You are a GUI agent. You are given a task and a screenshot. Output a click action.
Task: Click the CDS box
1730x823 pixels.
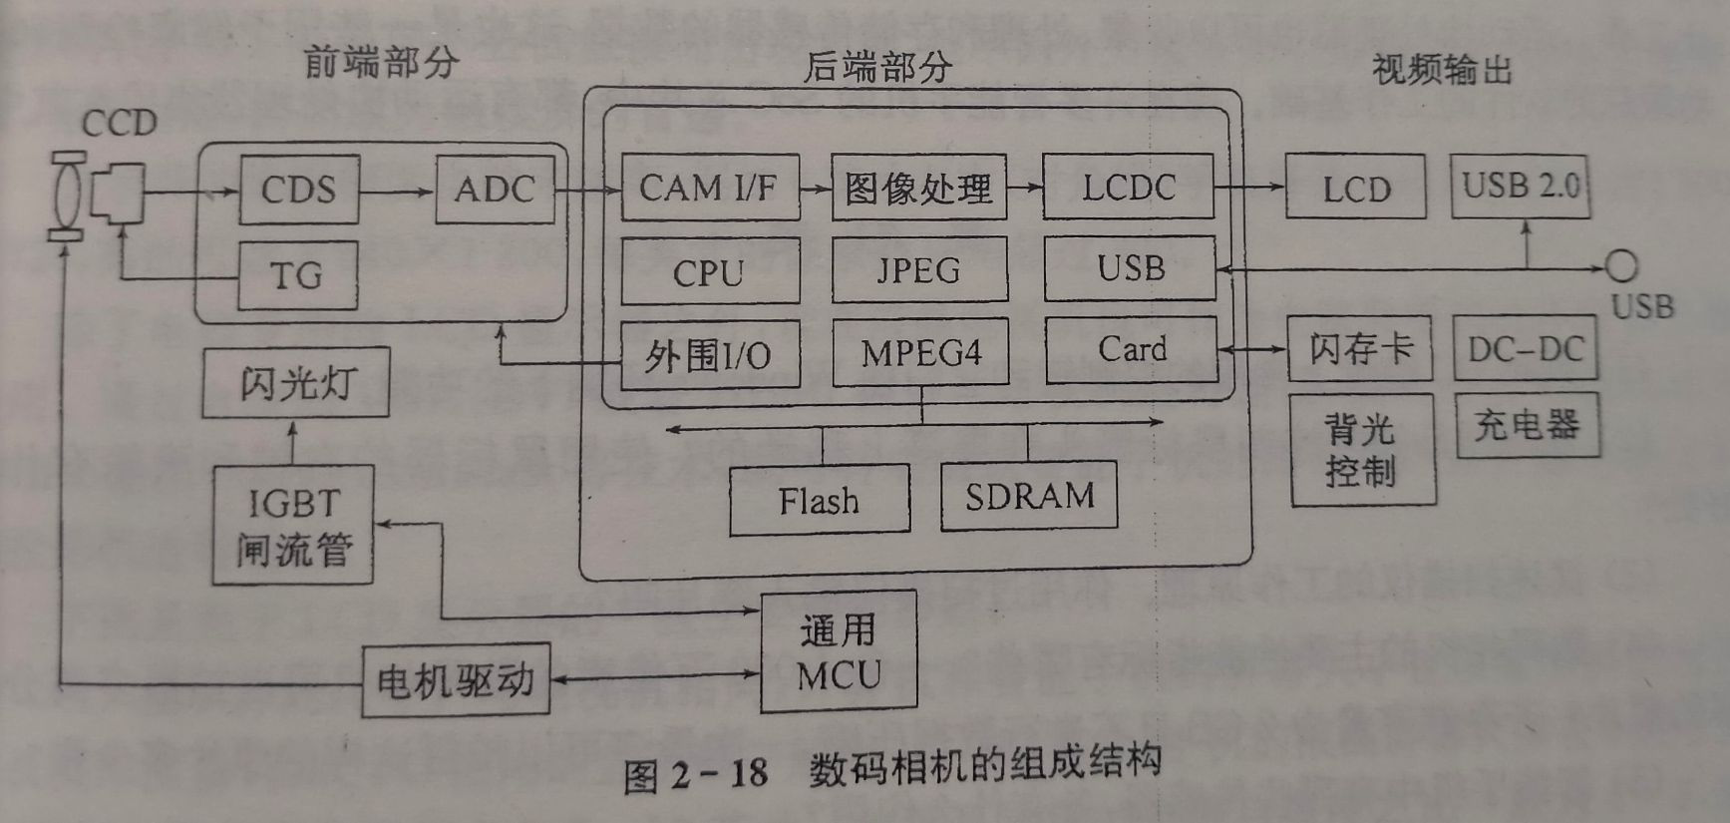coord(298,190)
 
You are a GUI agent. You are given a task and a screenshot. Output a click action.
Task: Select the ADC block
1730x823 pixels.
coord(495,190)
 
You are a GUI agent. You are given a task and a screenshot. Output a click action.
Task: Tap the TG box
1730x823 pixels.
coord(297,275)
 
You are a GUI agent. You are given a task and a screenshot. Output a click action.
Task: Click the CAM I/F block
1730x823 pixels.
coord(710,188)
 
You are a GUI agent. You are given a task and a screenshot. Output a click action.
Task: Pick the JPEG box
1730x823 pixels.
coord(918,270)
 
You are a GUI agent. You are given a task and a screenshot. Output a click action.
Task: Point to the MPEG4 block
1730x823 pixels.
coord(920,352)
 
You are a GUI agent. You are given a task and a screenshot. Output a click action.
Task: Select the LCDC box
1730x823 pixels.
coord(1128,188)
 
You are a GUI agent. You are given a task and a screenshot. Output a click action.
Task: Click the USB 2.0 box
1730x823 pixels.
coord(1520,187)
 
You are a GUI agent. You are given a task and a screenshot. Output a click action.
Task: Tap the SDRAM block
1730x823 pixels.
coord(1029,496)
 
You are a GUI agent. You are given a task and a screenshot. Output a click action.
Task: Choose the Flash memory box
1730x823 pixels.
coord(819,500)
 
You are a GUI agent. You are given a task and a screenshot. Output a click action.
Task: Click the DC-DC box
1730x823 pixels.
coord(1525,349)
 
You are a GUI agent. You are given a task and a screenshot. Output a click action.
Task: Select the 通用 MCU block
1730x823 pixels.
coord(838,652)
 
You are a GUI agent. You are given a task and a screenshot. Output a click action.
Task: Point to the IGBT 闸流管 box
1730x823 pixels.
coord(293,525)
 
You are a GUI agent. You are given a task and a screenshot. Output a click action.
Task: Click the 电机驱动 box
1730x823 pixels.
coord(456,680)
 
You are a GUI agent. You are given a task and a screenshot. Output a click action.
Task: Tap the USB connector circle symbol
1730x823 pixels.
coord(1621,266)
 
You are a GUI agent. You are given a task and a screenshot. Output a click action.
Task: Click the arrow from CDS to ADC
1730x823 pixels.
coord(397,191)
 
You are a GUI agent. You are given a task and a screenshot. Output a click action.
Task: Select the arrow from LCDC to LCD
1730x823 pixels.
coord(1250,187)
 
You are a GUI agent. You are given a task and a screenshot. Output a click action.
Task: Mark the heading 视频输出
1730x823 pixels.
coord(1442,70)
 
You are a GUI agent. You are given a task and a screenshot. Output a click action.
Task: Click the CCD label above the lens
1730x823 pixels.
coord(119,124)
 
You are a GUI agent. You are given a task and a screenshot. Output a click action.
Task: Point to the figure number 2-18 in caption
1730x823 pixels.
coord(720,773)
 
